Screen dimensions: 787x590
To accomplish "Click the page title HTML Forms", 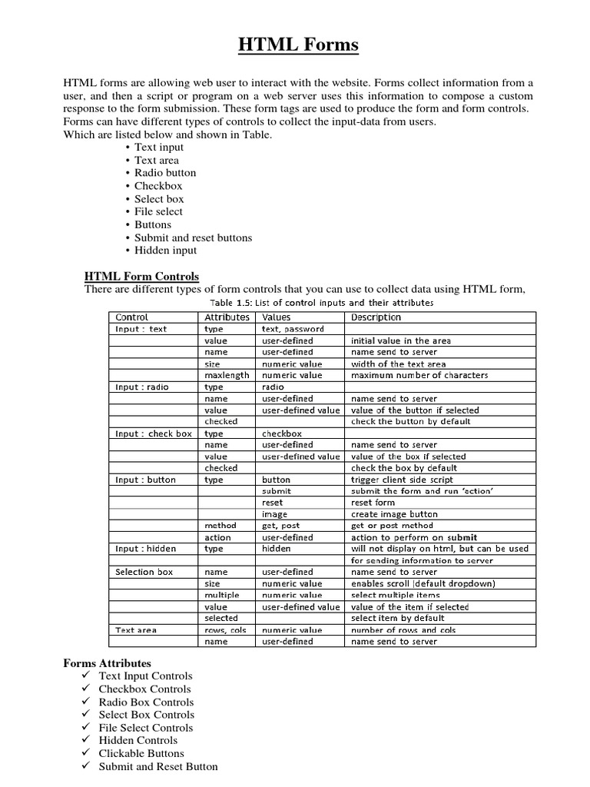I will pos(297,46).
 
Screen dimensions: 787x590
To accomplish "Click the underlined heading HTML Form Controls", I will pos(141,276).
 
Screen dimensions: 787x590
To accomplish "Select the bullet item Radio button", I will pos(165,173).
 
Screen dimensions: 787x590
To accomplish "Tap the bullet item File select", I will pos(158,211).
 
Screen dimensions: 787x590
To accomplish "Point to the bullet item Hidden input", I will pos(165,250).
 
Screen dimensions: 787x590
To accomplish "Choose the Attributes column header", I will pos(227,317).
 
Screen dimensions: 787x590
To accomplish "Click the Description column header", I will pos(376,317).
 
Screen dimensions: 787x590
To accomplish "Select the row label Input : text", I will pos(141,329).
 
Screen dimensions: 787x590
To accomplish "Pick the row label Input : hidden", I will pos(145,549).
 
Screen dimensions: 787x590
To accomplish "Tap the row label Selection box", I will pos(144,572).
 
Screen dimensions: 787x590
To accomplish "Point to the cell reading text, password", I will pos(293,329).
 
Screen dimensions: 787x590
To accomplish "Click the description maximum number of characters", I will pos(419,375).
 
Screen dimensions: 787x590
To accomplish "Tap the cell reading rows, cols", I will pos(225,629).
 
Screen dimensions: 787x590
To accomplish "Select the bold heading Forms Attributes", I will pos(107,662).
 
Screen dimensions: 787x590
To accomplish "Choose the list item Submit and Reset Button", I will pos(158,766).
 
